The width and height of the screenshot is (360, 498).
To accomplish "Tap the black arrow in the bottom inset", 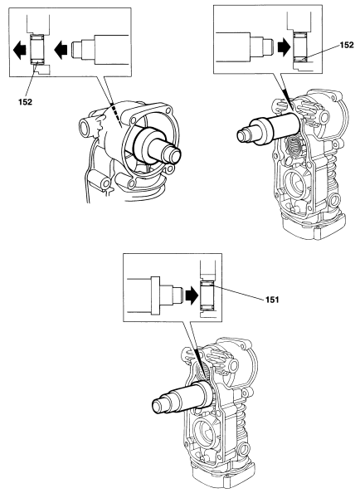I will pos(191,291).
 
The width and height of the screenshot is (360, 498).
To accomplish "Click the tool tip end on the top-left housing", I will pos(175,154).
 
